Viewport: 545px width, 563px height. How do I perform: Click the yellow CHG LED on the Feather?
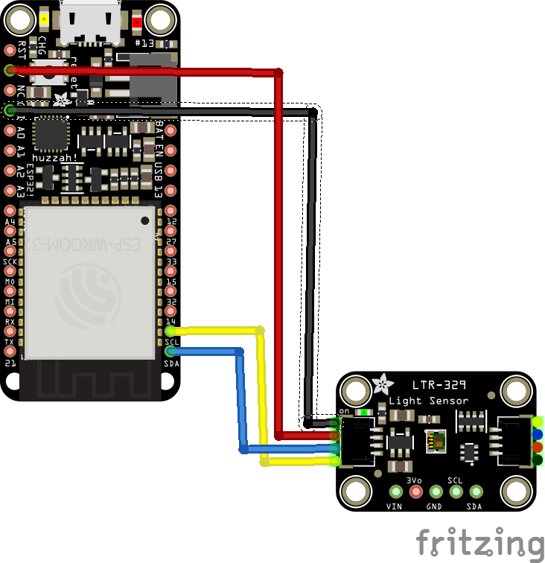pos(45,20)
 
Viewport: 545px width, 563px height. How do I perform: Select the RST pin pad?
pos(10,50)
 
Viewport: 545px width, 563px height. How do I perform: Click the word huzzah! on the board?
pos(51,148)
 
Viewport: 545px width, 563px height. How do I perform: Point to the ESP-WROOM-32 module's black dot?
pos(144,220)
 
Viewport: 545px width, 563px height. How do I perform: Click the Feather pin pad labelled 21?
pos(10,363)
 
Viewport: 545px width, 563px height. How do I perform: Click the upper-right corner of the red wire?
pos(278,73)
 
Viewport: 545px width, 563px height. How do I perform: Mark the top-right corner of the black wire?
pos(313,113)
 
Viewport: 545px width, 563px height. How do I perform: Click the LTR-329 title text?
pos(439,385)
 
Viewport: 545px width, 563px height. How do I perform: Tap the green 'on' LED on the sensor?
pos(363,411)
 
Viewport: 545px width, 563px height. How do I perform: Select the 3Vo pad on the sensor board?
pos(415,491)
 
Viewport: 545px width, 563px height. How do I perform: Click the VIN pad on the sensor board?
pos(395,491)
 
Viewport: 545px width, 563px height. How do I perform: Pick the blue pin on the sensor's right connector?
pos(538,435)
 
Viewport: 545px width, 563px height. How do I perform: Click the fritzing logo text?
pos(479,542)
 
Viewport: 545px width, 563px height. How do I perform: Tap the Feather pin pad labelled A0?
pos(10,131)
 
